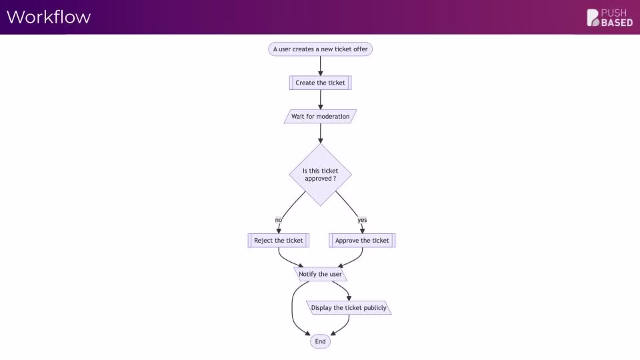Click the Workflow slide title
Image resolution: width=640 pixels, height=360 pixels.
pyautogui.click(x=49, y=17)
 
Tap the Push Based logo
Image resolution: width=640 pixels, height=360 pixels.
pyautogui.click(x=609, y=18)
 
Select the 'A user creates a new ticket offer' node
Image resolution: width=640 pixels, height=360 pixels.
pyautogui.click(x=321, y=49)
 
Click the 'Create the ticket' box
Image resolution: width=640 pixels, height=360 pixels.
pyautogui.click(x=321, y=83)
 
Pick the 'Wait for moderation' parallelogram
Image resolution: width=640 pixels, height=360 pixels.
pyautogui.click(x=321, y=116)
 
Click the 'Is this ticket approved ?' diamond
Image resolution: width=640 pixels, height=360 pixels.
pyautogui.click(x=321, y=175)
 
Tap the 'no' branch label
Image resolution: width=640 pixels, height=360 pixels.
pyautogui.click(x=279, y=220)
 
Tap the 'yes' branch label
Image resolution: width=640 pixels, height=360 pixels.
pyautogui.click(x=362, y=220)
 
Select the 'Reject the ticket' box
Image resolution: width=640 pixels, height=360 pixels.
pyautogui.click(x=279, y=241)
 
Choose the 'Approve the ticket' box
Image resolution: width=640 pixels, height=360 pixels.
pyautogui.click(x=362, y=241)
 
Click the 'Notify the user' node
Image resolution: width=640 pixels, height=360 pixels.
pyautogui.click(x=321, y=274)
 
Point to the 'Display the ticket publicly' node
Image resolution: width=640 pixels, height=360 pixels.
pyautogui.click(x=349, y=308)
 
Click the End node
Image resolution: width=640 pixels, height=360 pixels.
pyautogui.click(x=321, y=341)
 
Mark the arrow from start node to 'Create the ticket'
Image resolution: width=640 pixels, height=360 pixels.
pyautogui.click(x=321, y=66)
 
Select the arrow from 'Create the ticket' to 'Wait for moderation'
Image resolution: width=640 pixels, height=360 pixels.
pyautogui.click(x=321, y=99)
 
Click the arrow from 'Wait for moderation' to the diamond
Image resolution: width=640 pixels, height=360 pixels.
pyautogui.click(x=321, y=133)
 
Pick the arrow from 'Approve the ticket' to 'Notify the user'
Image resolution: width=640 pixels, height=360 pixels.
pyautogui.click(x=355, y=259)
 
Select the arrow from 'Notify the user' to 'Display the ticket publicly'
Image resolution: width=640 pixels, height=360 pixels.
pyautogui.click(x=344, y=288)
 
